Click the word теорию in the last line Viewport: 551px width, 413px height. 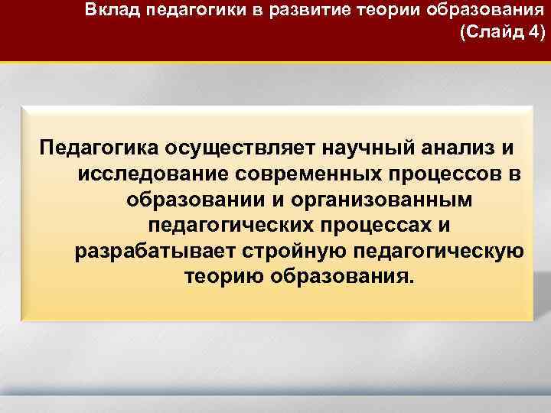click(224, 277)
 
